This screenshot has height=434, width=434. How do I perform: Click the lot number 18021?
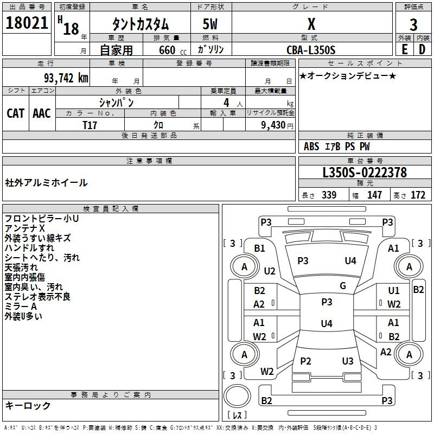(x=27, y=23)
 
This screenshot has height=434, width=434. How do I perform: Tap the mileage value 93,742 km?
(x=66, y=78)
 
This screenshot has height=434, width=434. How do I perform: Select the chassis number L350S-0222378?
(x=365, y=173)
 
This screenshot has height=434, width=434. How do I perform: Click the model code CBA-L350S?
(x=311, y=50)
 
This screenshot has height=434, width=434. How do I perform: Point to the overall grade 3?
(x=413, y=25)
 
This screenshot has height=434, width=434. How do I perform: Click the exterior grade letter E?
(x=404, y=49)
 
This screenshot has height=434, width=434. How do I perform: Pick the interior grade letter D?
(x=422, y=49)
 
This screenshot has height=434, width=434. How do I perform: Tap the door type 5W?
(x=210, y=24)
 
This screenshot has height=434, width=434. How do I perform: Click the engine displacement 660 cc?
(x=173, y=50)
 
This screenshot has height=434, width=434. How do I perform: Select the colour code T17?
(x=90, y=125)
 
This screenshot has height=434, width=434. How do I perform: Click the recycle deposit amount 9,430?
(x=273, y=125)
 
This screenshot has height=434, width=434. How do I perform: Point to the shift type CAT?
(x=16, y=113)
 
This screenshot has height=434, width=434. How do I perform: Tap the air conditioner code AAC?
(x=42, y=113)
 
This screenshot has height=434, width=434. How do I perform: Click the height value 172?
(x=418, y=195)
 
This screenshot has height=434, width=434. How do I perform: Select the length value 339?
(x=329, y=195)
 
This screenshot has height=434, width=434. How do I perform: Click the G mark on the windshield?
(x=343, y=285)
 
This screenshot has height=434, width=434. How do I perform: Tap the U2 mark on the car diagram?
(x=270, y=271)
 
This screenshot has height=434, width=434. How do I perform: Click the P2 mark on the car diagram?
(x=305, y=361)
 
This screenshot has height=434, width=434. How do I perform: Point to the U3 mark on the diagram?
(x=348, y=361)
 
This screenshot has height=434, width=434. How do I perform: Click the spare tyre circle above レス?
(x=237, y=395)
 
